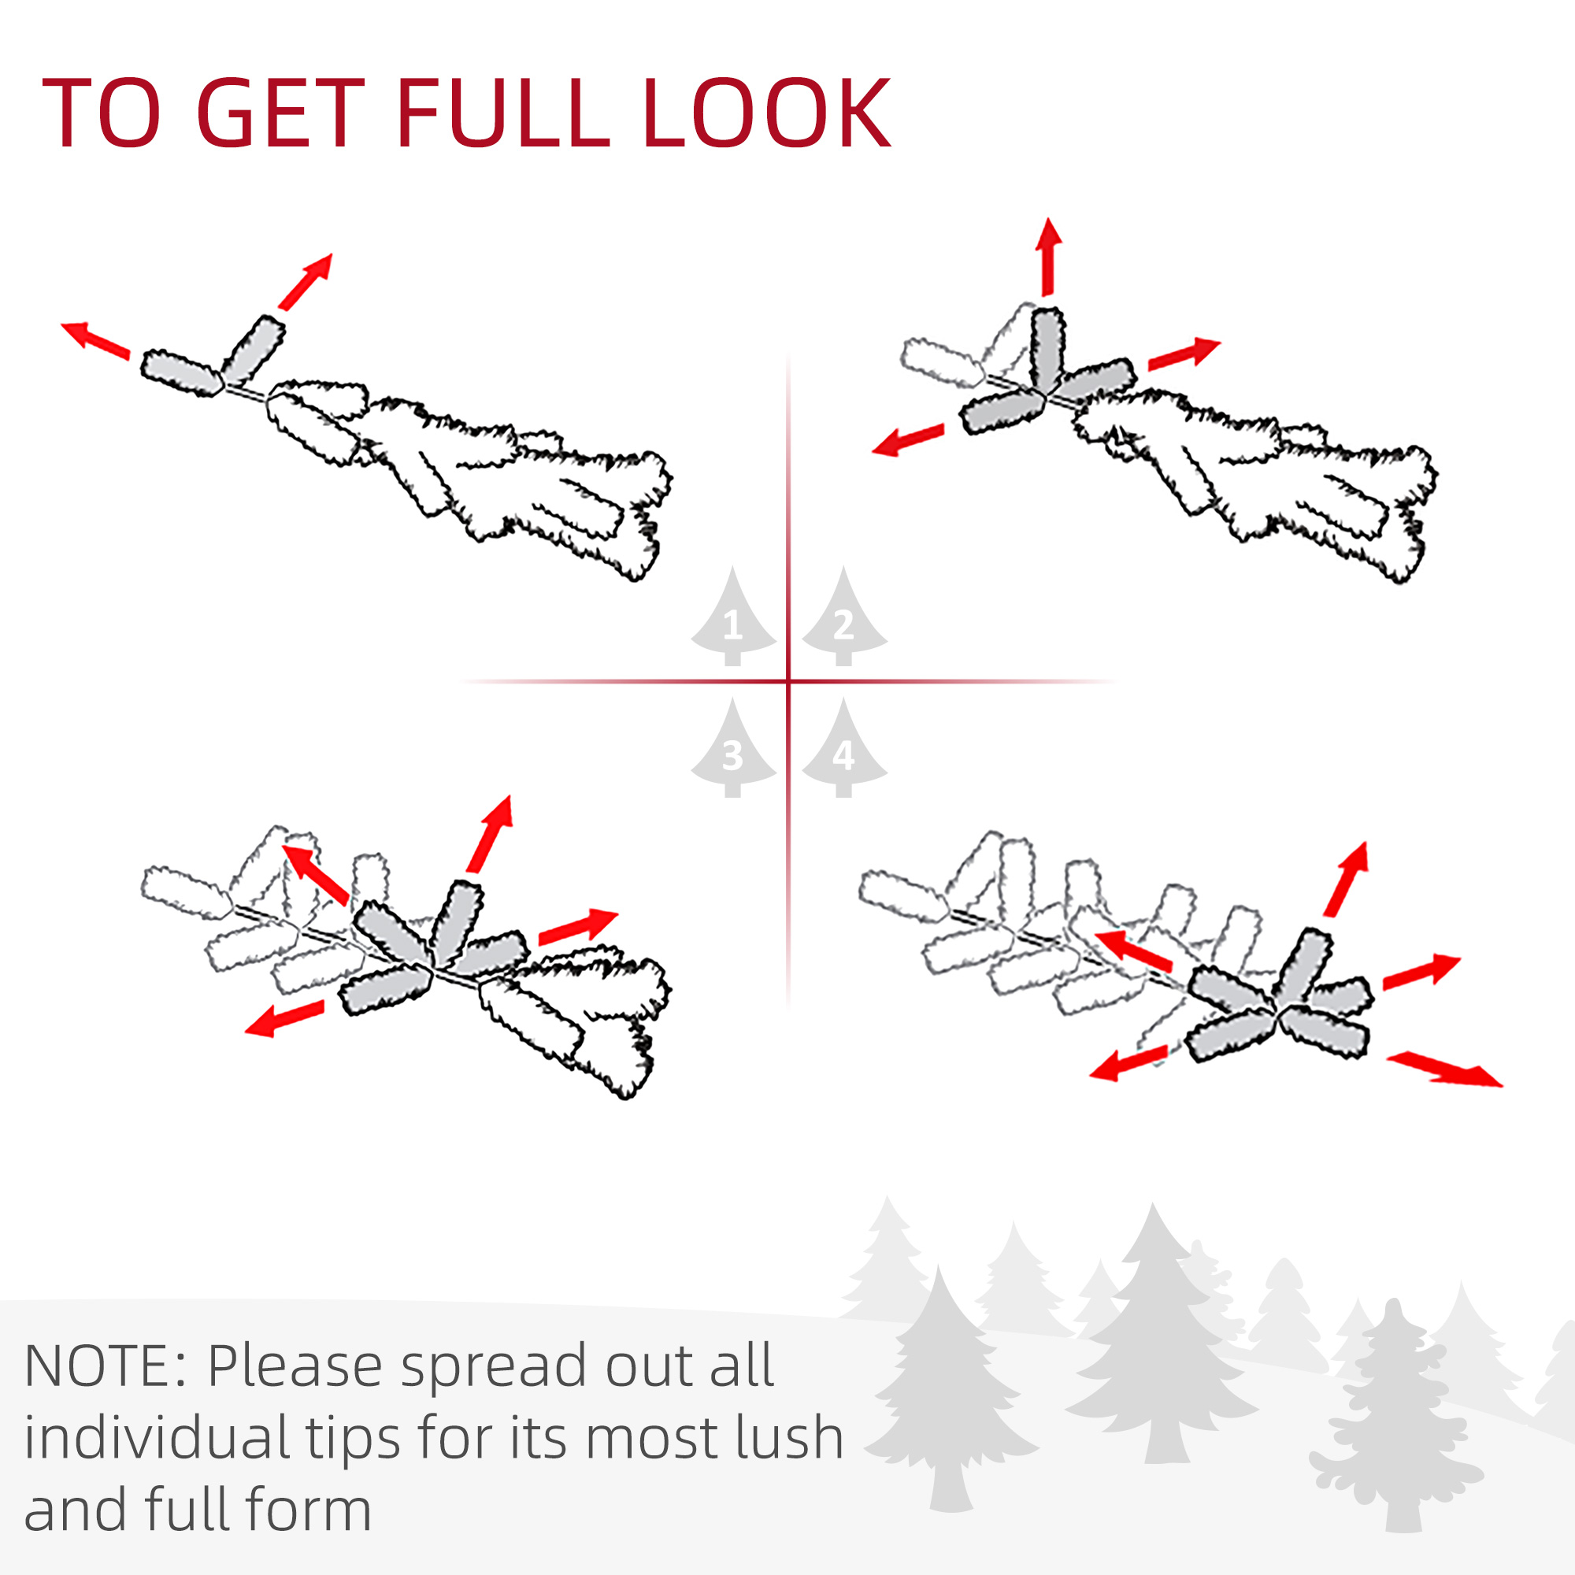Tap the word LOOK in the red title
coord(767,113)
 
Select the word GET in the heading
coord(280,113)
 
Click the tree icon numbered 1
coord(732,617)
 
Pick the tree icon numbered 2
coord(843,617)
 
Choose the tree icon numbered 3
coord(732,747)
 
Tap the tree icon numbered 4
coord(843,747)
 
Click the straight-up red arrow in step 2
coord(1049,256)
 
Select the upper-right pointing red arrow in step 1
coord(306,281)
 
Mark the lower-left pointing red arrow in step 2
coord(907,440)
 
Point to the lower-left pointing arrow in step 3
coord(284,1019)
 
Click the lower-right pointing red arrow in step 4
coord(1444,1069)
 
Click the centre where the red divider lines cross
coord(788,680)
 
